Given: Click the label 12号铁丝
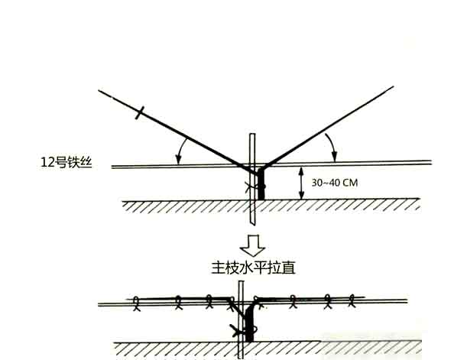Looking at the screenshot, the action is (66, 162).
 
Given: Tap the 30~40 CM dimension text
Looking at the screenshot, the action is (335, 183).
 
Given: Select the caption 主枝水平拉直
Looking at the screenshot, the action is (253, 268).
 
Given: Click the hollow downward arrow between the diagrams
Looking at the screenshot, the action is (252, 245).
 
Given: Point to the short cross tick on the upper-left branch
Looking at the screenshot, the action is (140, 112).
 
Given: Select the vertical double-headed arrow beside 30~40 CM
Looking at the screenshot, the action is (301, 183).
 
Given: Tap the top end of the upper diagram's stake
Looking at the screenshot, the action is (252, 134).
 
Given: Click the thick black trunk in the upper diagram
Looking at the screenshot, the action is (261, 183).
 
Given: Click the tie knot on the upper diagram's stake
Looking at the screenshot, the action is (251, 186).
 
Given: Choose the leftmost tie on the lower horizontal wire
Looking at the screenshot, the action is (136, 303).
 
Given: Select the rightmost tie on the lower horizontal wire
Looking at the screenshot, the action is (352, 300).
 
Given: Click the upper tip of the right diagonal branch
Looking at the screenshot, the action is (393, 86).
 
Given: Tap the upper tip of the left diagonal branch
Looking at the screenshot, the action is (99, 90).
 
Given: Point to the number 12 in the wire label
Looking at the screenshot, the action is (47, 163).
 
